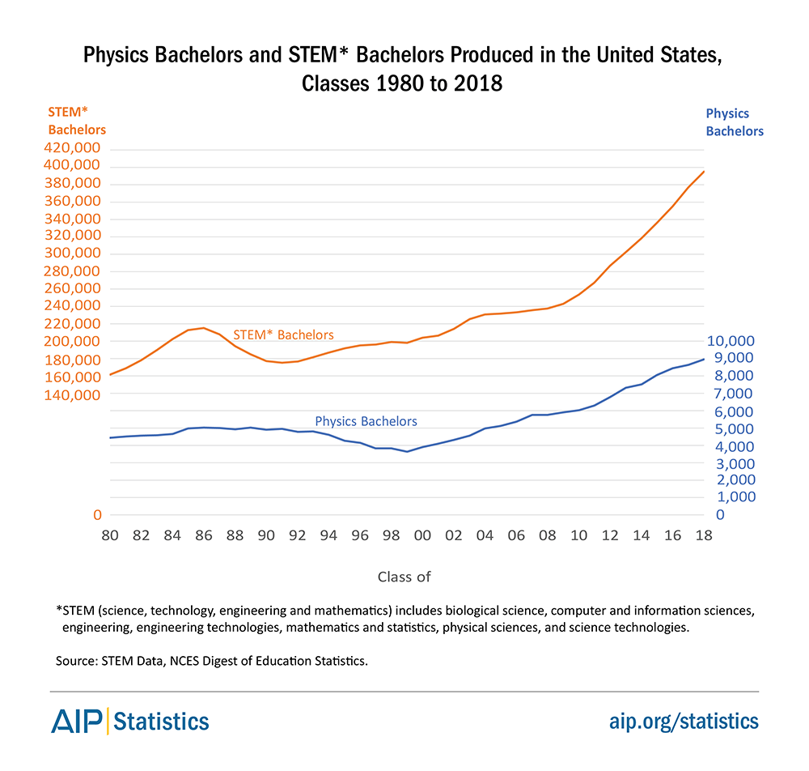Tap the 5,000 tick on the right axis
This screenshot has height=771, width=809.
click(x=736, y=428)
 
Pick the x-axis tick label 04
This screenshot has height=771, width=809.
click(x=485, y=535)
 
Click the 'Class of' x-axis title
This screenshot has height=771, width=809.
click(x=404, y=577)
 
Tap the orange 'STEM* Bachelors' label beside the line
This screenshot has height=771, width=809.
click(x=283, y=334)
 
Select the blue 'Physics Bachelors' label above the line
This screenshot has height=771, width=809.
click(x=366, y=421)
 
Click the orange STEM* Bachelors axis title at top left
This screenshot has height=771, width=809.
click(x=77, y=121)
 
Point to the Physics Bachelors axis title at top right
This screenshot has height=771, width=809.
click(x=735, y=121)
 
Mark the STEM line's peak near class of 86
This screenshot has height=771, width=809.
click(x=203, y=328)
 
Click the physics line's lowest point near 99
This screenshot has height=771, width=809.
click(x=407, y=451)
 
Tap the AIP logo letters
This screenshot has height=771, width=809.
click(x=78, y=720)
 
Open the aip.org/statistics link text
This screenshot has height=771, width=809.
click(x=684, y=720)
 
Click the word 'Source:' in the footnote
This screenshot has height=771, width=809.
click(x=78, y=661)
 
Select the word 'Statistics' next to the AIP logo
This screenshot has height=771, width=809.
click(x=163, y=720)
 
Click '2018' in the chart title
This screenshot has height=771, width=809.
click(x=473, y=84)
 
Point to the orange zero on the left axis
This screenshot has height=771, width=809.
click(x=96, y=515)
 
